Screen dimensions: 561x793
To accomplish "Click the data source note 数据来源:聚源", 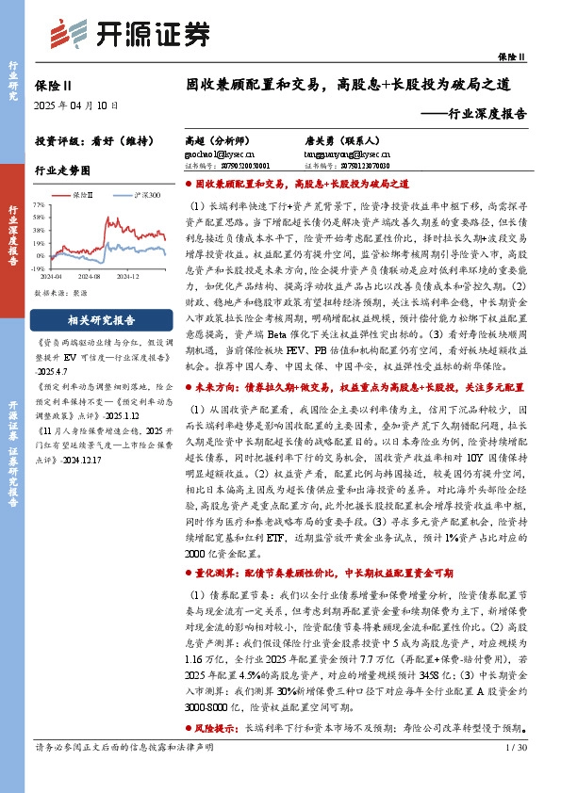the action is click(62, 293).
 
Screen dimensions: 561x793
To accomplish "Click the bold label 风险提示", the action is click(217, 729).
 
